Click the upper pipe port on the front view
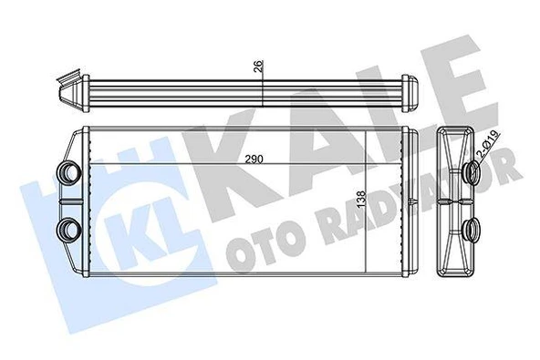pyautogui.click(x=67, y=171)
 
